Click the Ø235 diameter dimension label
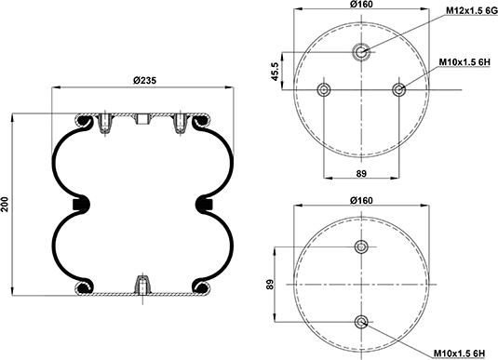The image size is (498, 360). point(144,80)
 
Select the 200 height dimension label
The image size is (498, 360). point(5,205)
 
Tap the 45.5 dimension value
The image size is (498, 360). point(275,71)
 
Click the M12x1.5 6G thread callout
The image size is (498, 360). point(472,10)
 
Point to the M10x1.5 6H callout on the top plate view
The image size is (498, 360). point(464,62)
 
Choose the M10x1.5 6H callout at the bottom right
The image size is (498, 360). point(459,353)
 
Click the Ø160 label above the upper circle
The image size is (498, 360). point(361,4)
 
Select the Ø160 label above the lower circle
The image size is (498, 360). point(361,200)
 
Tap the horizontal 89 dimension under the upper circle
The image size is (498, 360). point(361,173)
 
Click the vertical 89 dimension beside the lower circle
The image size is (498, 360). point(270,284)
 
